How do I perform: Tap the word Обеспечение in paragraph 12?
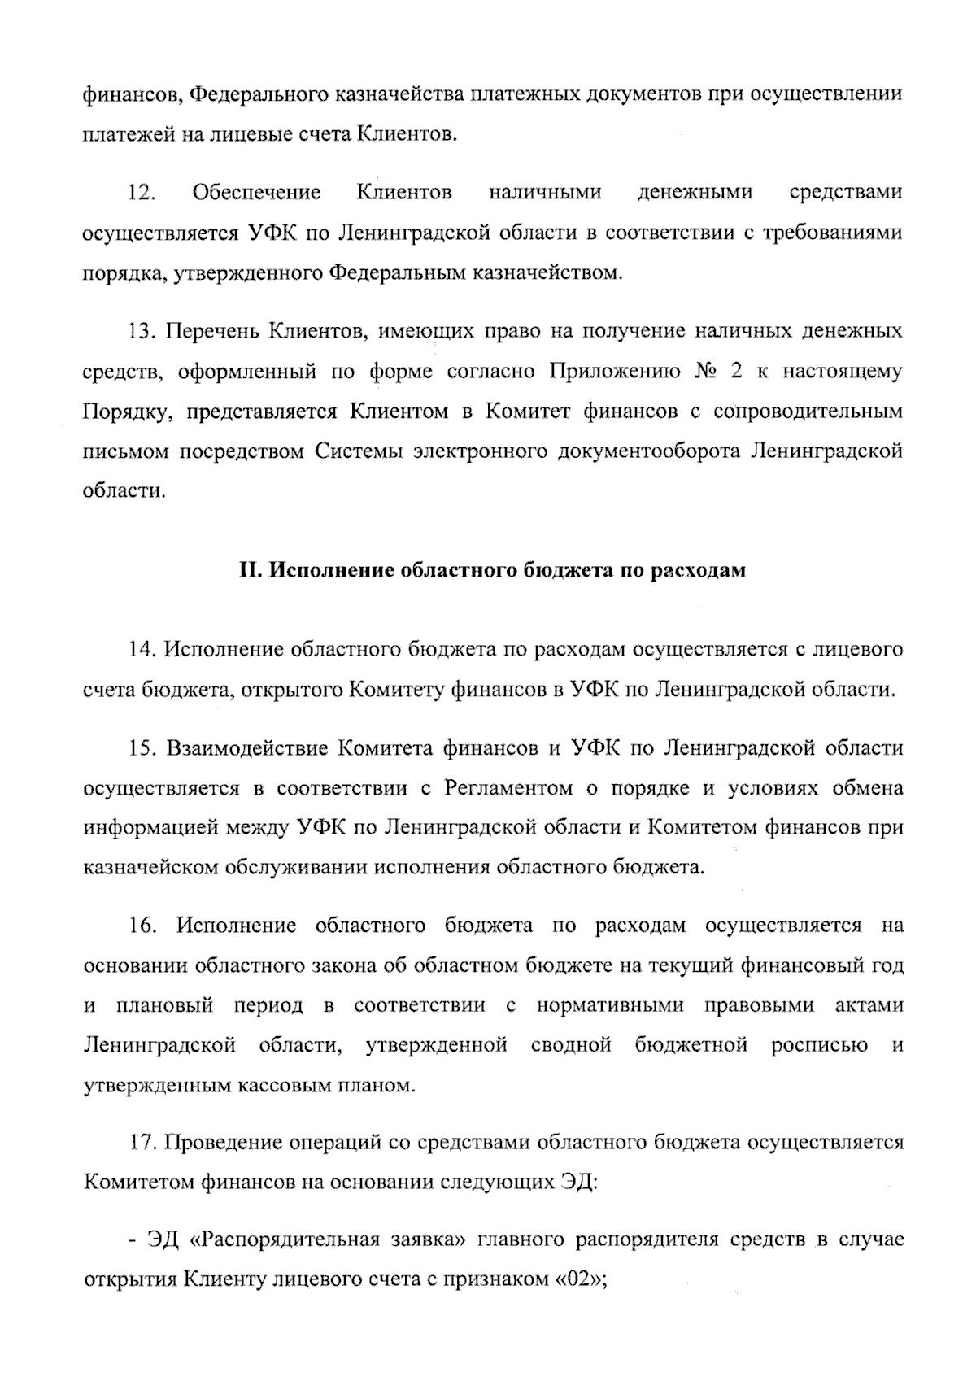pos(256,194)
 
